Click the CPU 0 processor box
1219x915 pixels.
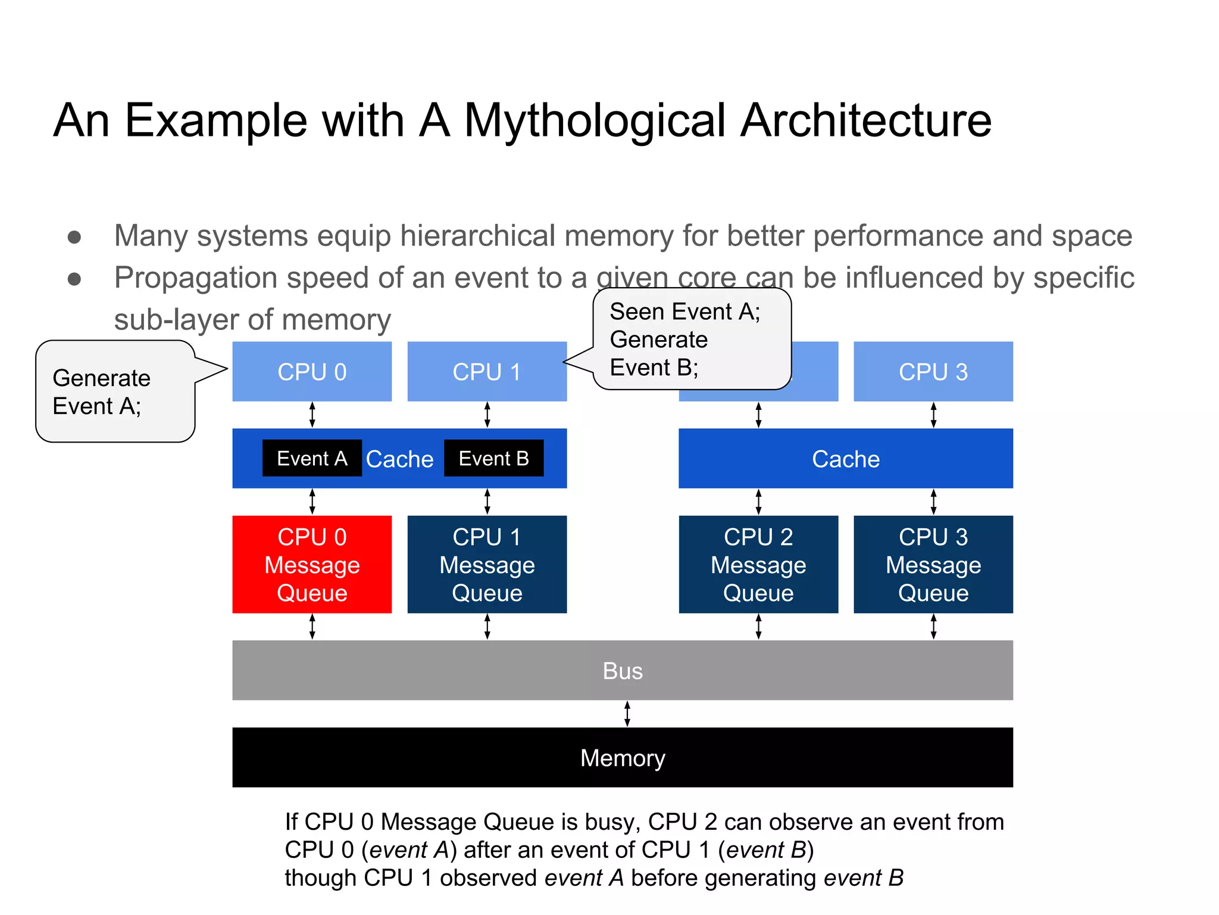click(x=312, y=372)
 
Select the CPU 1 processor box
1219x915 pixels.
click(x=487, y=372)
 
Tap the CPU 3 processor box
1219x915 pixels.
click(x=933, y=372)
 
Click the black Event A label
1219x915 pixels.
click(x=312, y=458)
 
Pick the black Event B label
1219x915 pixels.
click(x=493, y=458)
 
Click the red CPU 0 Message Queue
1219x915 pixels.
click(x=312, y=564)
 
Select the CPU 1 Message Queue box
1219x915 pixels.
click(x=487, y=564)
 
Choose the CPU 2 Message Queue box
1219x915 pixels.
click(x=758, y=564)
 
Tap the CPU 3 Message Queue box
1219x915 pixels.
click(x=933, y=564)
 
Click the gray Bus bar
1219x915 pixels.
click(x=623, y=671)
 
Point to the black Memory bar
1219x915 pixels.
click(x=623, y=758)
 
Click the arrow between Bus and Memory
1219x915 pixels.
click(x=627, y=714)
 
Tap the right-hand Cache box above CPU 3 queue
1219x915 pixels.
click(x=845, y=459)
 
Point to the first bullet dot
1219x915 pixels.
click(x=74, y=237)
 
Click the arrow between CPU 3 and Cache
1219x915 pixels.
click(x=933, y=415)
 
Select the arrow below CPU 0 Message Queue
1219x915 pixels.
click(x=312, y=627)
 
